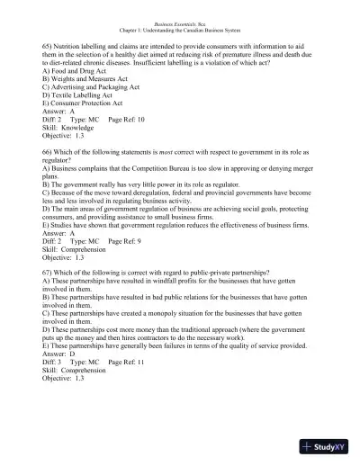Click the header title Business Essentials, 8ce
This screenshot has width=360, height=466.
click(179, 22)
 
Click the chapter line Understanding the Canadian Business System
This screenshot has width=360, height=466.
click(179, 30)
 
